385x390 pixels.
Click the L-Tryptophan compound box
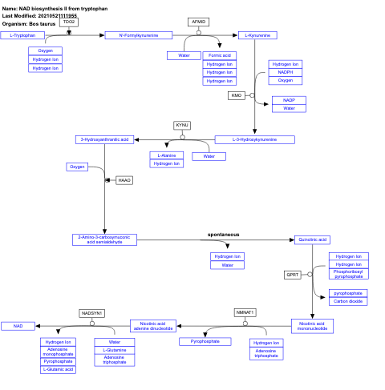(22, 35)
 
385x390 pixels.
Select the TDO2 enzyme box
(69, 22)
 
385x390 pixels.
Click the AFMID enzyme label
(198, 22)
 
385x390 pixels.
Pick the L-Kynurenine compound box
(257, 35)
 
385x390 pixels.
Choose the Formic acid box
(219, 55)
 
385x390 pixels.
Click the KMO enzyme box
(236, 95)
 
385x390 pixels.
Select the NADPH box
(286, 72)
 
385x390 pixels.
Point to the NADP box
(289, 100)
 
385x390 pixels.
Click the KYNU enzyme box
(182, 126)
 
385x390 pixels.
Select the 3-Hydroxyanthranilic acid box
(104, 139)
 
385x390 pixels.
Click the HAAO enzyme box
(124, 181)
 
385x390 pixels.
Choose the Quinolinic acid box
(312, 239)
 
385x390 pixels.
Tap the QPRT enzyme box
(293, 275)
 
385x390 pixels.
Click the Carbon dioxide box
(349, 301)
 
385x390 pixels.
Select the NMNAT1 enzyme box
(245, 312)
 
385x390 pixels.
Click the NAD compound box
(17, 326)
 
